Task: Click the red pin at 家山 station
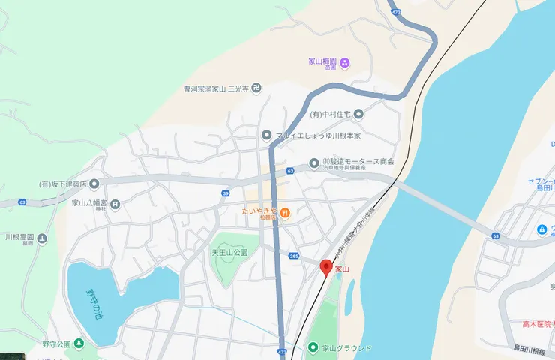tap(326, 267)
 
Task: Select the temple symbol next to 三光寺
tap(256, 88)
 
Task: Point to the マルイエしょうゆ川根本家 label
tap(319, 136)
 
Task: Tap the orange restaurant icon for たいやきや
tap(286, 212)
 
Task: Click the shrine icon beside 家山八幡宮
tap(115, 203)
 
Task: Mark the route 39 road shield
tap(226, 193)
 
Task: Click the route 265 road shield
tap(294, 256)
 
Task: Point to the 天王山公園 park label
tap(229, 253)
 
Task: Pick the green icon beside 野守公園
tap(79, 344)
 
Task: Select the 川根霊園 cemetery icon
tap(42, 239)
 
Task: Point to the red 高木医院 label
tap(538, 324)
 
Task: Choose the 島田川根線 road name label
tap(533, 348)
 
